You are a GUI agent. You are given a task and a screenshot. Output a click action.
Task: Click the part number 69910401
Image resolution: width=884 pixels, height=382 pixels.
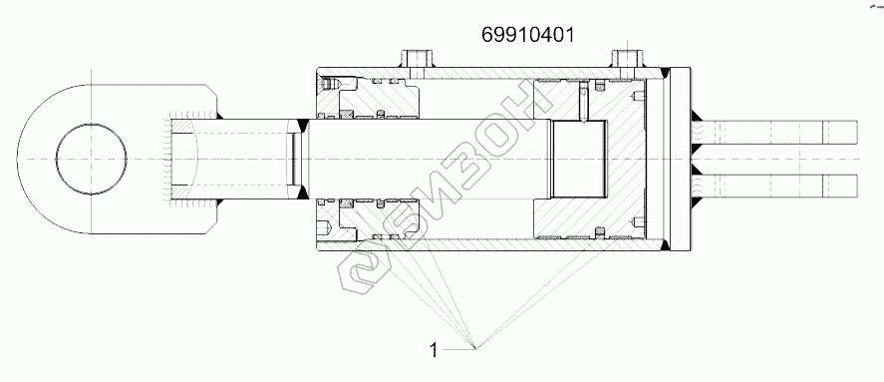coord(528,35)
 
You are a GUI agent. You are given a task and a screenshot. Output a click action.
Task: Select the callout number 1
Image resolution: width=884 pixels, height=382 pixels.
coord(433,350)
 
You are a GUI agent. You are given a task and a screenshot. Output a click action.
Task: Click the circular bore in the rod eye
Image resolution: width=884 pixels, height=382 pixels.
coord(92,160)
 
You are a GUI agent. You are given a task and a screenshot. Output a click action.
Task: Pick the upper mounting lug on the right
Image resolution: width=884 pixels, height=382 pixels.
coord(779,132)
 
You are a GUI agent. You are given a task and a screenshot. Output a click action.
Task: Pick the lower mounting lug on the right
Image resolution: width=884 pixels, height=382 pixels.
coord(779,186)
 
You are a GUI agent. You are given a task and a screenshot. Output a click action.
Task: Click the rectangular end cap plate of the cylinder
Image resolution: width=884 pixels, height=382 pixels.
coord(680,160)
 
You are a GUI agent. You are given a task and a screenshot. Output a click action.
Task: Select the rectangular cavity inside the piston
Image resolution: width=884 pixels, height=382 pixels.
coord(579,160)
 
